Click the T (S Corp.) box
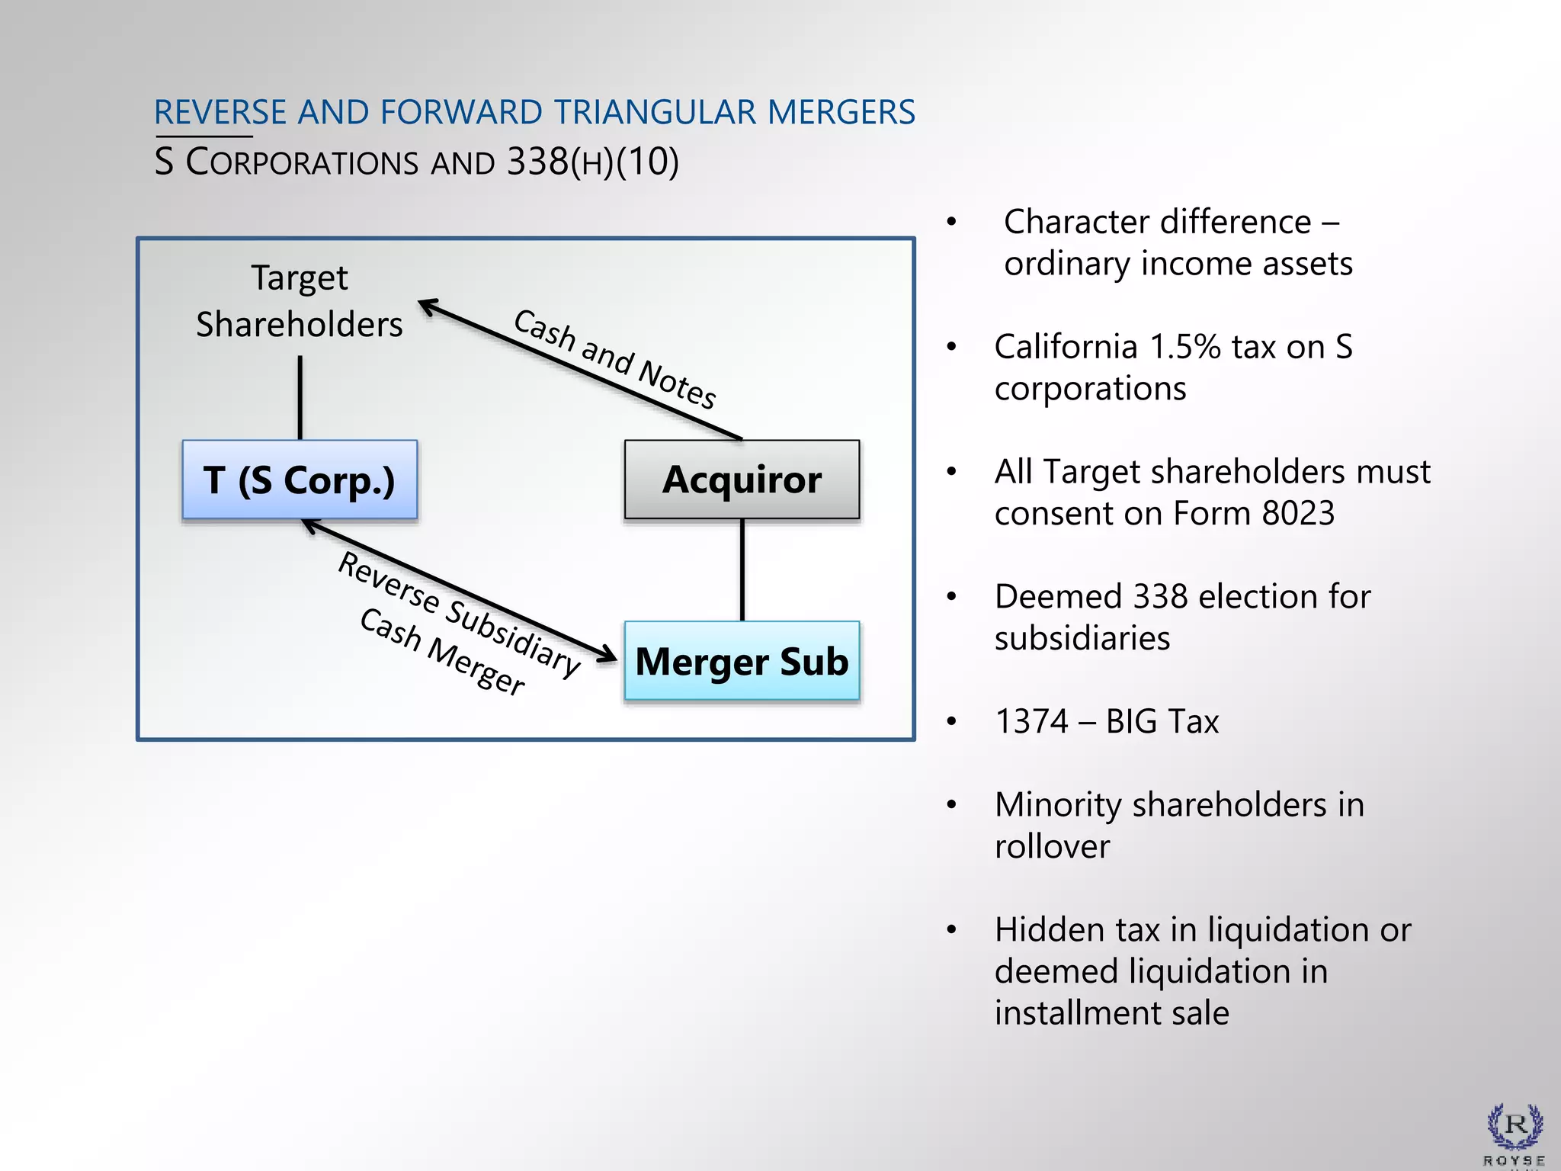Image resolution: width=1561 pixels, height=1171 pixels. coord(300,480)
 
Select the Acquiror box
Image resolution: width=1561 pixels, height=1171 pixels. coord(742,480)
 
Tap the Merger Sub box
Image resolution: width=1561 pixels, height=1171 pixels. coord(742,661)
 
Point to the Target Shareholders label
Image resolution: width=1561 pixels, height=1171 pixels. coord(300,301)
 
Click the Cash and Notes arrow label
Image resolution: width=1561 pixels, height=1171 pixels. coord(614,358)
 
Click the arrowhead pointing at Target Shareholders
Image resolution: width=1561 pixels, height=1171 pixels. coord(428,306)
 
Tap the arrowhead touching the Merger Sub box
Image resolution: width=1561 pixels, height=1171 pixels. coord(607,654)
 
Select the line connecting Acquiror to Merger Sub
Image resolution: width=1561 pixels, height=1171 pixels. coord(742,569)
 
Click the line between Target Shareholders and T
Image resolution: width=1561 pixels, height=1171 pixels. coord(300,397)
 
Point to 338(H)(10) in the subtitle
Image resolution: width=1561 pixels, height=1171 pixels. coord(592,162)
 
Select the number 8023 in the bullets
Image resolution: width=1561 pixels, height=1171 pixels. coord(1298,513)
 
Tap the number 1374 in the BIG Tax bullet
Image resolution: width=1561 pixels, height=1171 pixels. coord(1032,721)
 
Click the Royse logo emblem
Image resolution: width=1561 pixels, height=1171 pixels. coord(1515,1126)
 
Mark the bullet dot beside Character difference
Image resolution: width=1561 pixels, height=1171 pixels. coord(951,223)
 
